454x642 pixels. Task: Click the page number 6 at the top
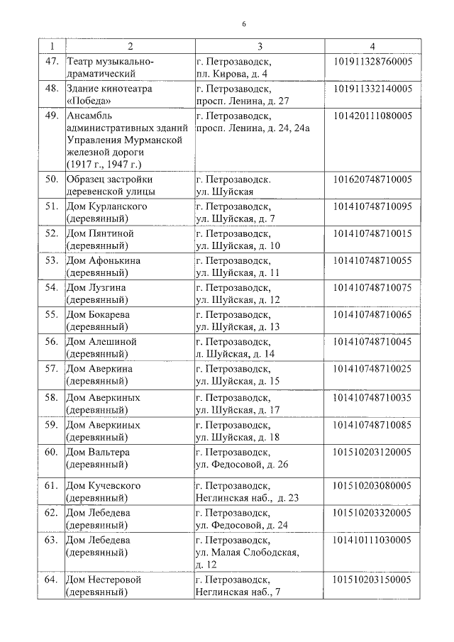point(243,24)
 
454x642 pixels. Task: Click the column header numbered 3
point(260,47)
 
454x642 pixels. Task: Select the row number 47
point(50,62)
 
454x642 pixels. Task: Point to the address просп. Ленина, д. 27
point(242,101)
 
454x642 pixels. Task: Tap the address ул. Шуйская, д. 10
point(238,245)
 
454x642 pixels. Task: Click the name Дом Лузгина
point(96,287)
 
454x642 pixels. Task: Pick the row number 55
point(50,314)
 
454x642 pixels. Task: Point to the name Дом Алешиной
point(101,341)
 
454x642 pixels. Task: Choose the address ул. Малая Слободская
point(247,552)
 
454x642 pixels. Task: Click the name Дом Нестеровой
point(103,580)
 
